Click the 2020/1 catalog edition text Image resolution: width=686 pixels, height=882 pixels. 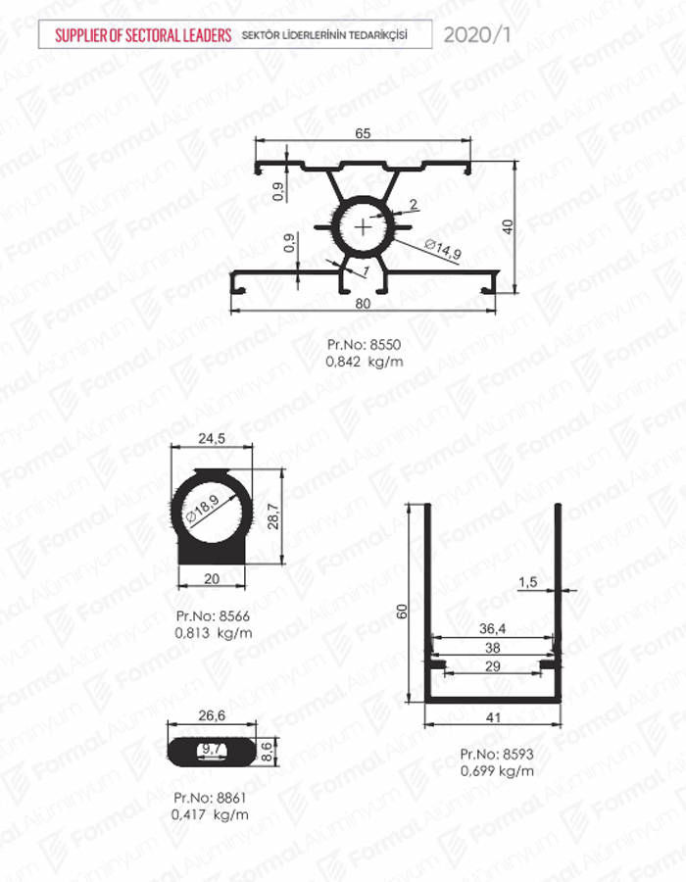[477, 35]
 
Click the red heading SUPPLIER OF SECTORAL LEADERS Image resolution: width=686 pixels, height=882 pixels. [143, 35]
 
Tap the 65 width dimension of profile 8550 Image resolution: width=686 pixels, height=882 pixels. [364, 133]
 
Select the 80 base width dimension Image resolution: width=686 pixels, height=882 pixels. [364, 303]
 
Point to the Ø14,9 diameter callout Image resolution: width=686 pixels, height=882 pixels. [443, 250]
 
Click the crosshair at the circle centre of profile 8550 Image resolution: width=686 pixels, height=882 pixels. [364, 227]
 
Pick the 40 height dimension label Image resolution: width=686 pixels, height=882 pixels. [508, 227]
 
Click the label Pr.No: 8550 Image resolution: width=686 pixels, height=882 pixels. [365, 344]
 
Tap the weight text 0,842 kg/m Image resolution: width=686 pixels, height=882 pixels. [365, 361]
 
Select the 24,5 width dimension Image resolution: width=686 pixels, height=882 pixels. [212, 438]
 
